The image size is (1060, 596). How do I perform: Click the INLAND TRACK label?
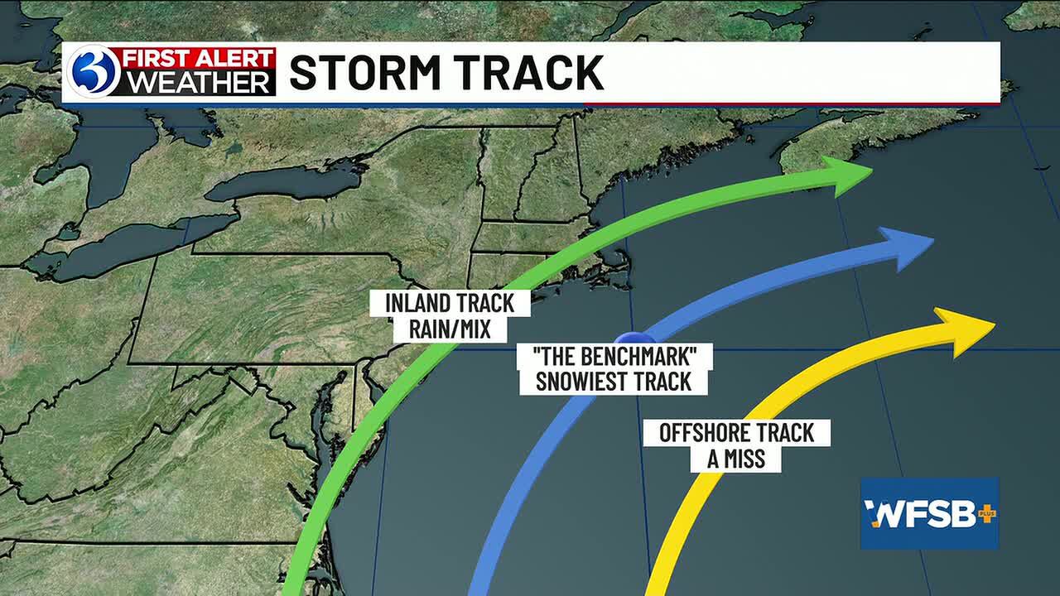tap(450, 303)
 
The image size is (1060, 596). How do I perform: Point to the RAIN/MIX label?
tap(450, 329)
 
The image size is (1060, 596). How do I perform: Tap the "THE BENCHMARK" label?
tap(614, 357)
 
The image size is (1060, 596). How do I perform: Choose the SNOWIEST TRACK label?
tap(614, 382)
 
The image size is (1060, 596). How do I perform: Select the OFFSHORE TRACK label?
tap(736, 432)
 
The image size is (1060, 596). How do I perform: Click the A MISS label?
tap(736, 459)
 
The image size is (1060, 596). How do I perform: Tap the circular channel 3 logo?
tap(94, 72)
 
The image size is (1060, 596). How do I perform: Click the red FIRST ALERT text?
tap(199, 60)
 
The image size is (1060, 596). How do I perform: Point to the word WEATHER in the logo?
tap(199, 83)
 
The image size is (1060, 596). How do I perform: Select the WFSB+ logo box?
tap(929, 513)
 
